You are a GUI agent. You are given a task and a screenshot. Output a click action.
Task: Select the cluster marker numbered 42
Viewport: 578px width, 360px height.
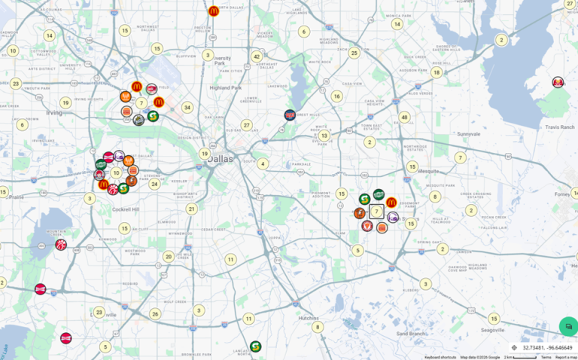(x=257, y=56)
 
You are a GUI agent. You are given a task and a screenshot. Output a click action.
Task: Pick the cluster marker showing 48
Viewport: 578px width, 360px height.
(x=404, y=117)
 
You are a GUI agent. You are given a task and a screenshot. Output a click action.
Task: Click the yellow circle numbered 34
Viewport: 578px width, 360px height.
(x=187, y=108)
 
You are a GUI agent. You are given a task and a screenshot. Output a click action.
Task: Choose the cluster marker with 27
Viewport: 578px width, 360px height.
(x=246, y=125)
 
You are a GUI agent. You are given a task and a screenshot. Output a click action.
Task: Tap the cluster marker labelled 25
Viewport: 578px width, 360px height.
(x=354, y=53)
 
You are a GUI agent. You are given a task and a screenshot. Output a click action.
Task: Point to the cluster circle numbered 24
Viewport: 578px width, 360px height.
(x=154, y=184)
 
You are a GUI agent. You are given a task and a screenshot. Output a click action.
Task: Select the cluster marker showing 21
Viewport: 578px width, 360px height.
(x=192, y=209)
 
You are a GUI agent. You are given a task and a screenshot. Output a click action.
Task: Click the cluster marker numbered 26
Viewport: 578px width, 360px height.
(x=155, y=314)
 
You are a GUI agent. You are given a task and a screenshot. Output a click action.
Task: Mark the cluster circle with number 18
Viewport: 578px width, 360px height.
(x=437, y=72)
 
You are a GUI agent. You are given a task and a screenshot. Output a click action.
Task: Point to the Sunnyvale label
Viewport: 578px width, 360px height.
(x=468, y=133)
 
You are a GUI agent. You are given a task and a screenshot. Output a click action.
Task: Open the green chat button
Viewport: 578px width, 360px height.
(x=567, y=326)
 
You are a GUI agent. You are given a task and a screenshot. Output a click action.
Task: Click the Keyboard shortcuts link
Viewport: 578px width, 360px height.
(x=440, y=357)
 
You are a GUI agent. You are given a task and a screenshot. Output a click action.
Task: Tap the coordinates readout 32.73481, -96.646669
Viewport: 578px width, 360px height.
(x=546, y=348)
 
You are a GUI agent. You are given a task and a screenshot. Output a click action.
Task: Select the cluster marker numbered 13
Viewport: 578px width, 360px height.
(x=324, y=136)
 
